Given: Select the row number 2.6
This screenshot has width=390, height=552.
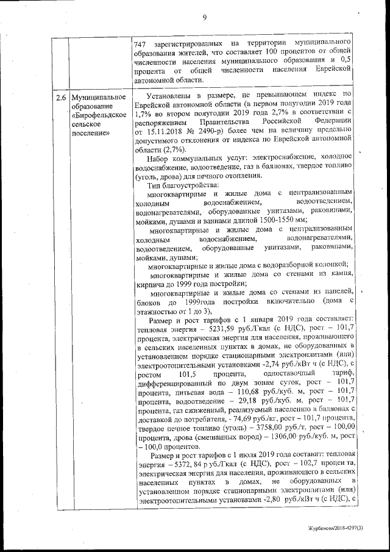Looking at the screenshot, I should pos(59,97).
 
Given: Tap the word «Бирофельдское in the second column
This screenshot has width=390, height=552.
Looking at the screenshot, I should pos(99,115).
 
